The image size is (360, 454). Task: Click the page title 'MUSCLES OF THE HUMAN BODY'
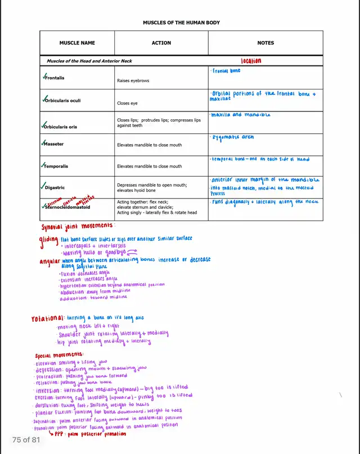pos(181,23)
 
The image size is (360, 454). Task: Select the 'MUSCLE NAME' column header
pos(77,43)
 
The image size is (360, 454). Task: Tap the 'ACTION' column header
pos(161,43)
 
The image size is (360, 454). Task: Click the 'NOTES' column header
pos(265,43)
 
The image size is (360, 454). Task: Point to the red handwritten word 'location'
pos(251,61)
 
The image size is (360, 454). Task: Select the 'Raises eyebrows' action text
pos(133,81)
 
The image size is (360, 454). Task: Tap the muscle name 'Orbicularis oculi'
pos(62,101)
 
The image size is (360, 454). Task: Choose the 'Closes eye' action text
pos(127,104)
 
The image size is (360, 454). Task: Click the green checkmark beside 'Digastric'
pos(43,186)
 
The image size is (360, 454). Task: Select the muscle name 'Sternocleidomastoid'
pos(67,207)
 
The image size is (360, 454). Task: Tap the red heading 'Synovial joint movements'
pos(78,226)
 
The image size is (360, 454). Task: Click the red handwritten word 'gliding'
pos(49,240)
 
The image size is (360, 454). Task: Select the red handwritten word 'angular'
pos(50,262)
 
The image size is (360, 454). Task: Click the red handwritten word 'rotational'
pos(48,319)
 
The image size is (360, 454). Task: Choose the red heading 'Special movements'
pos(58,356)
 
